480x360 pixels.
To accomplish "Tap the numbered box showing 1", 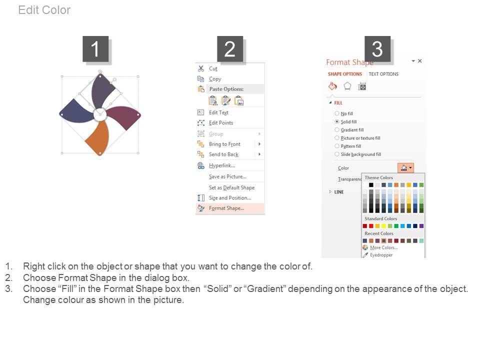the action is [x=95, y=49].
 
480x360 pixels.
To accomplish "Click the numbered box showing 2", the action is [x=230, y=49].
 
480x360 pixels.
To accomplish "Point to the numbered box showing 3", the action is [x=377, y=49].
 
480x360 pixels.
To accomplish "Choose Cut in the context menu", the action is [x=213, y=68].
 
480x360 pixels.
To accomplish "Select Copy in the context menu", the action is [x=215, y=79].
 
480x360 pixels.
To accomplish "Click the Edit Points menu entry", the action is [x=221, y=123].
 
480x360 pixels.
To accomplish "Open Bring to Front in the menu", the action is [x=224, y=144].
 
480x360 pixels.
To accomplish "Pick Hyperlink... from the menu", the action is [x=222, y=165].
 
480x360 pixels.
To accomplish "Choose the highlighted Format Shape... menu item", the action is [x=226, y=208].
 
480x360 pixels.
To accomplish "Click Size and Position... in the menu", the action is [x=230, y=198].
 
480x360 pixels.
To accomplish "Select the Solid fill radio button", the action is [x=337, y=121].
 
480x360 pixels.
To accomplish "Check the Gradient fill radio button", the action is [x=337, y=130].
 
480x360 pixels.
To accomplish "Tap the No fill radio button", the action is [x=337, y=113].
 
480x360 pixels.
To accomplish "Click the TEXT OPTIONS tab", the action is [x=383, y=74].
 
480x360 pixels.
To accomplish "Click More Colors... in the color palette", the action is [x=384, y=247].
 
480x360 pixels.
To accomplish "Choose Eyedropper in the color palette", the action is [x=381, y=255].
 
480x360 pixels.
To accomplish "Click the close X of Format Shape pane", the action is [x=420, y=61].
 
